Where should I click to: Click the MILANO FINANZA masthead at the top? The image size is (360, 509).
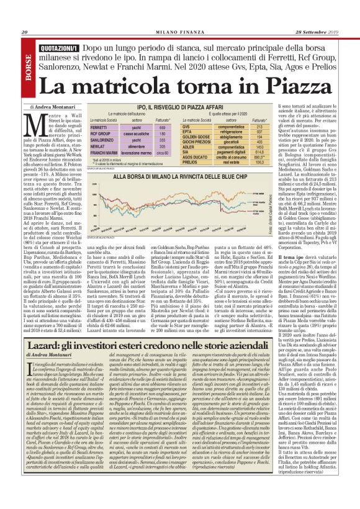(180, 16)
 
